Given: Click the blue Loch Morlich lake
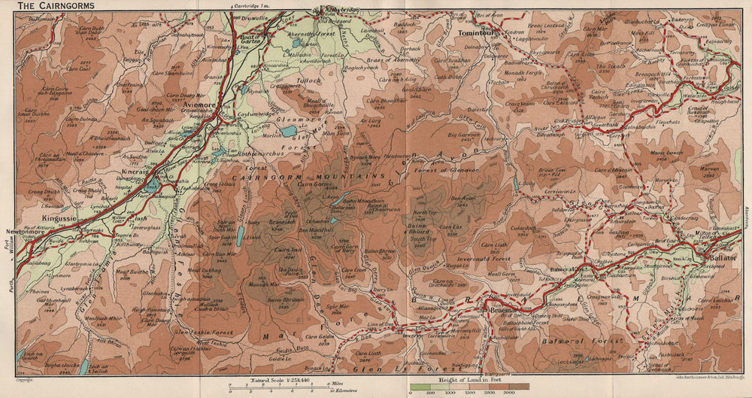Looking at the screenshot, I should point(289,131).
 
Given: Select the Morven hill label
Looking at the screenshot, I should point(689,169).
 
